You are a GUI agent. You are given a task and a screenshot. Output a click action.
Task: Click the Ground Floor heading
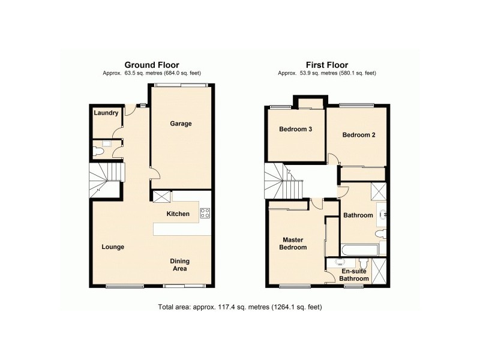coord(151,65)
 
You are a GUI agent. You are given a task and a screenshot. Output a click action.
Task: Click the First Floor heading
coord(327,65)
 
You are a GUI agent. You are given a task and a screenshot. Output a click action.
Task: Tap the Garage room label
coord(181,124)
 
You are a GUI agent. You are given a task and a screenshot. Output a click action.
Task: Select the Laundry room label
coord(106,112)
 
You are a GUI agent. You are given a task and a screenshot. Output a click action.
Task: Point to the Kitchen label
coord(178,214)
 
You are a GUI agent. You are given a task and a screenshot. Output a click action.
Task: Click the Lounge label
coord(113,247)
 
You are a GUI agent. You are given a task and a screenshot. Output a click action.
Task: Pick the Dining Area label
coord(181,265)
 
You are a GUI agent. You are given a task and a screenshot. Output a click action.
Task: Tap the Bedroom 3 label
coord(295,129)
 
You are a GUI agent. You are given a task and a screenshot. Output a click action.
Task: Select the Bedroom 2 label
coord(359,135)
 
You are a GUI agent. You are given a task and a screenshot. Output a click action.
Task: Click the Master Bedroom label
coord(295,243)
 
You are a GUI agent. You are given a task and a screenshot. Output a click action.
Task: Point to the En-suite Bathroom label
coord(353,275)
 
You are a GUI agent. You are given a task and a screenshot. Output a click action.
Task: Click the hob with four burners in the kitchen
coord(205,212)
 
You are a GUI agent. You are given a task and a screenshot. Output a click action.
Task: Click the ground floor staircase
coord(106,179)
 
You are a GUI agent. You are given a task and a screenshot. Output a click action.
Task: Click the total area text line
coord(240,308)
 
